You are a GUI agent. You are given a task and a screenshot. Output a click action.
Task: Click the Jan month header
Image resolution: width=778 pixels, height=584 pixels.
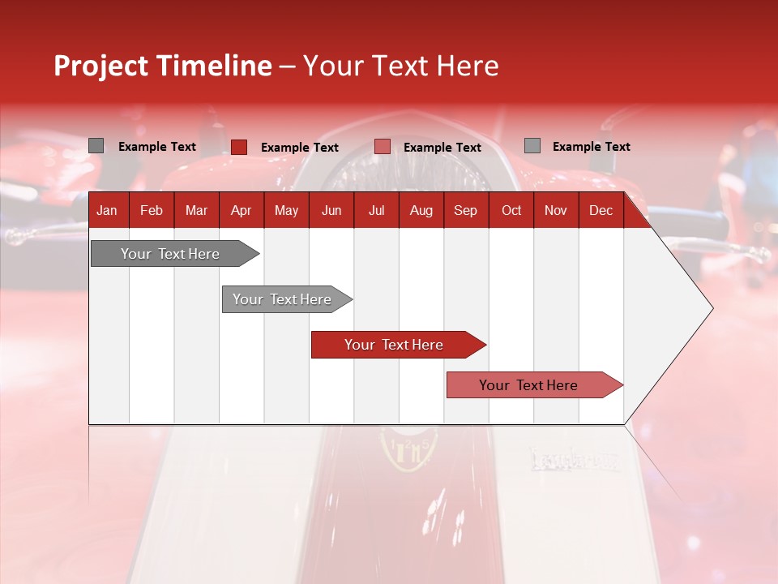(x=107, y=210)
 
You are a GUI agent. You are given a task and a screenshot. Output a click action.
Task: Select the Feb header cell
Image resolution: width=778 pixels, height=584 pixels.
(x=152, y=210)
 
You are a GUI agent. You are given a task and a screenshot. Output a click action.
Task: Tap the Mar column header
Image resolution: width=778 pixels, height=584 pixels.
(x=196, y=210)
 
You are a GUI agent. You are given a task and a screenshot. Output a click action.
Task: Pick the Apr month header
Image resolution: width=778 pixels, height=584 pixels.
(x=241, y=210)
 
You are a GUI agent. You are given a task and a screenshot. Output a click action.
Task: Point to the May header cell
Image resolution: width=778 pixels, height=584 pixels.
(x=286, y=210)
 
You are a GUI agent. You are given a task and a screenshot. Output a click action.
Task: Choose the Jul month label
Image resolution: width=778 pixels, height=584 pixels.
(x=376, y=210)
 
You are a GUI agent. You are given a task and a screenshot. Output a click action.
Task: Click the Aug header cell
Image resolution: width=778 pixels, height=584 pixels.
(x=421, y=210)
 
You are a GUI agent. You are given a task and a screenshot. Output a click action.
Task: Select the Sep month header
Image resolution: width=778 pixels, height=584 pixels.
(x=465, y=210)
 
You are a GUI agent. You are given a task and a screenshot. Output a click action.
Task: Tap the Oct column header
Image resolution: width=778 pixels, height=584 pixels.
(x=511, y=210)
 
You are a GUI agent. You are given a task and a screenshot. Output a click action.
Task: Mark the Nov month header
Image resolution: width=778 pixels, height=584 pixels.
(x=556, y=210)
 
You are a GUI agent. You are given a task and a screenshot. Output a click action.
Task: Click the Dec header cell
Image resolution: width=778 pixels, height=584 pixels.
(x=601, y=210)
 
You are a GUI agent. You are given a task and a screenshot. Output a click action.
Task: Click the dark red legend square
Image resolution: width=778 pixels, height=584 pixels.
(x=239, y=147)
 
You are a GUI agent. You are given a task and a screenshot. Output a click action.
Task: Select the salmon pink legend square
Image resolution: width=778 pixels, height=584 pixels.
(x=383, y=147)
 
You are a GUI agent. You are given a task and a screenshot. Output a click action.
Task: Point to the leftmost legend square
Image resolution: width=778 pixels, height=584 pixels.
(x=96, y=146)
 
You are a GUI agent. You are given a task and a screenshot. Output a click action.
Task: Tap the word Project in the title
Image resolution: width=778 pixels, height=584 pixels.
(x=100, y=66)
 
